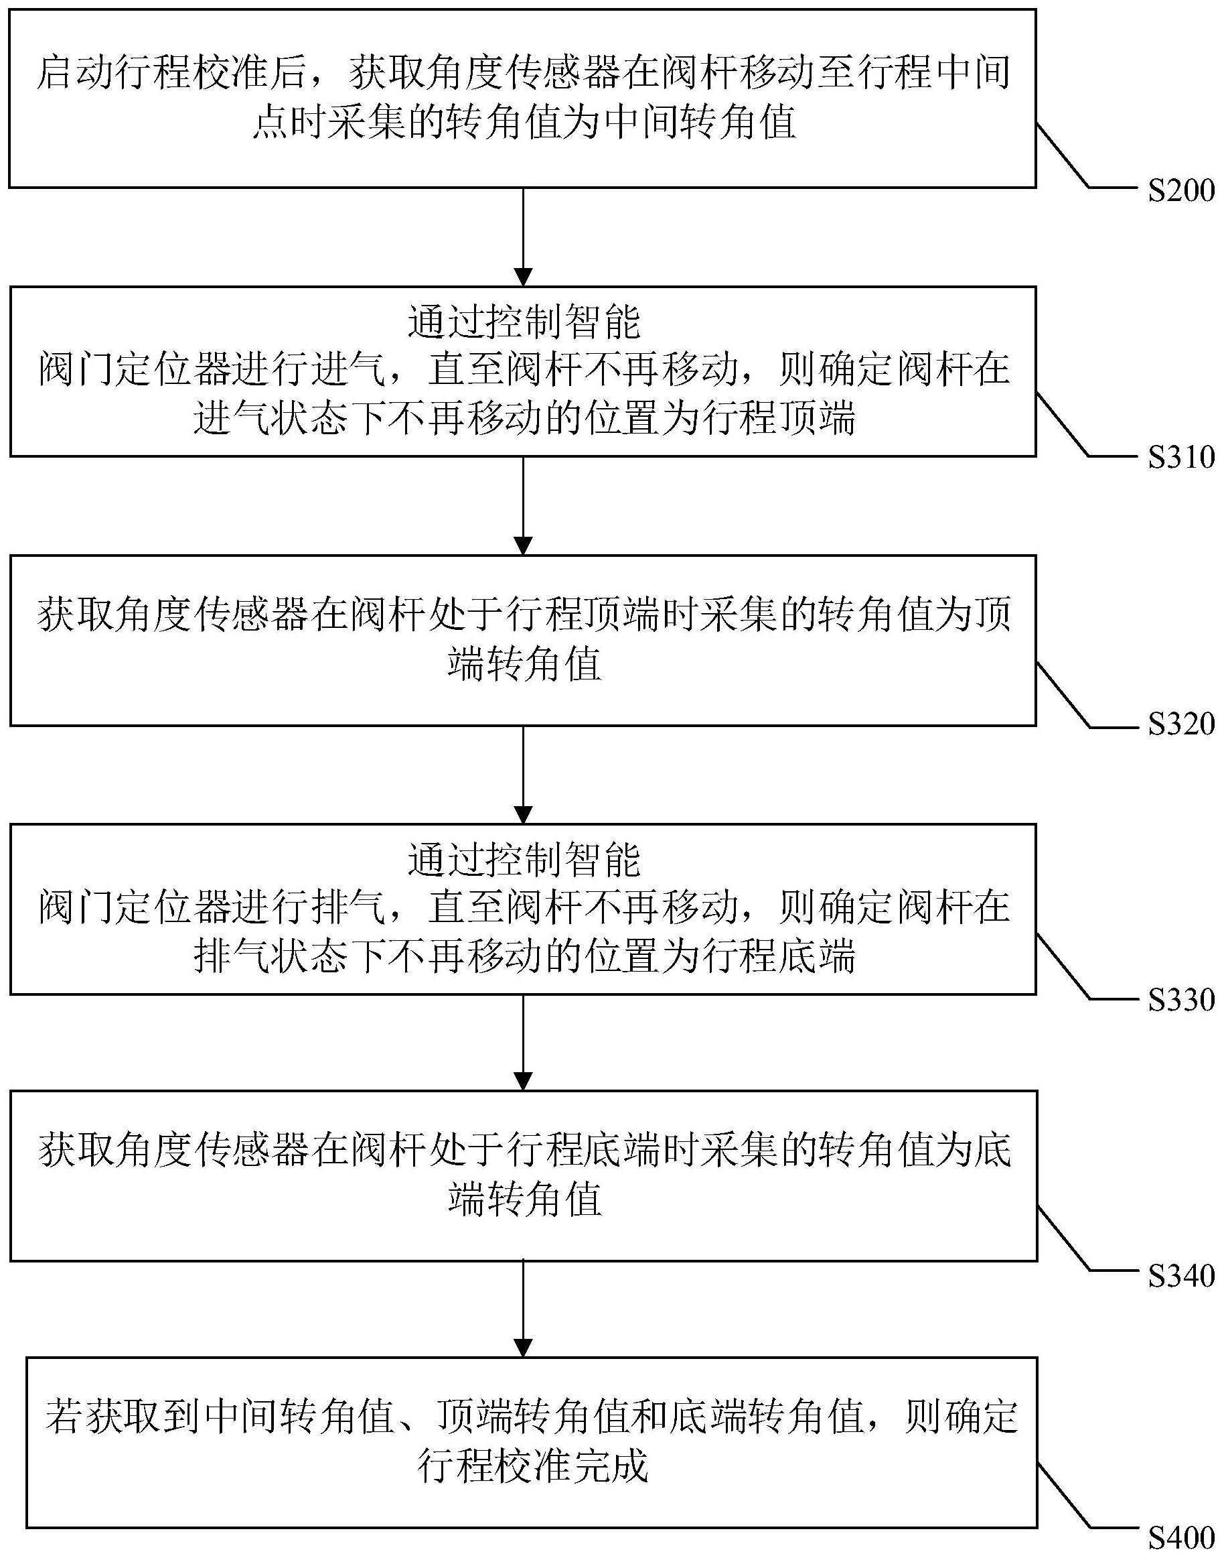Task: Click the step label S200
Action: (x=1181, y=191)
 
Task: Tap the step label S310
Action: (x=1181, y=458)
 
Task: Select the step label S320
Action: (x=1181, y=724)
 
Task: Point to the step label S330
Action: (x=1181, y=1000)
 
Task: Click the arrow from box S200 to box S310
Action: (x=523, y=237)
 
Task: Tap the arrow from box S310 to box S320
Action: (x=523, y=505)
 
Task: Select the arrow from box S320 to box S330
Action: (x=523, y=775)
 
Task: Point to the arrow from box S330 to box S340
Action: (x=523, y=1043)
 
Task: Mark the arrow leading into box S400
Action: (x=523, y=1310)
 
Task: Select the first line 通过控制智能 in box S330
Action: (x=524, y=860)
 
